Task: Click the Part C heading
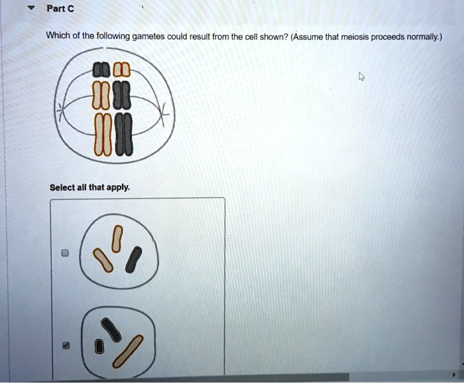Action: [59, 9]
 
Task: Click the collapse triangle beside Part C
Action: [28, 9]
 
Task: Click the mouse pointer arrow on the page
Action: [361, 78]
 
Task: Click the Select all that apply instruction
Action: [89, 187]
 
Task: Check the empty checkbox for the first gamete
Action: [65, 253]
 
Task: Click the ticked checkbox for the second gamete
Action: [65, 346]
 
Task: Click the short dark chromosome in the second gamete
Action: [99, 345]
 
